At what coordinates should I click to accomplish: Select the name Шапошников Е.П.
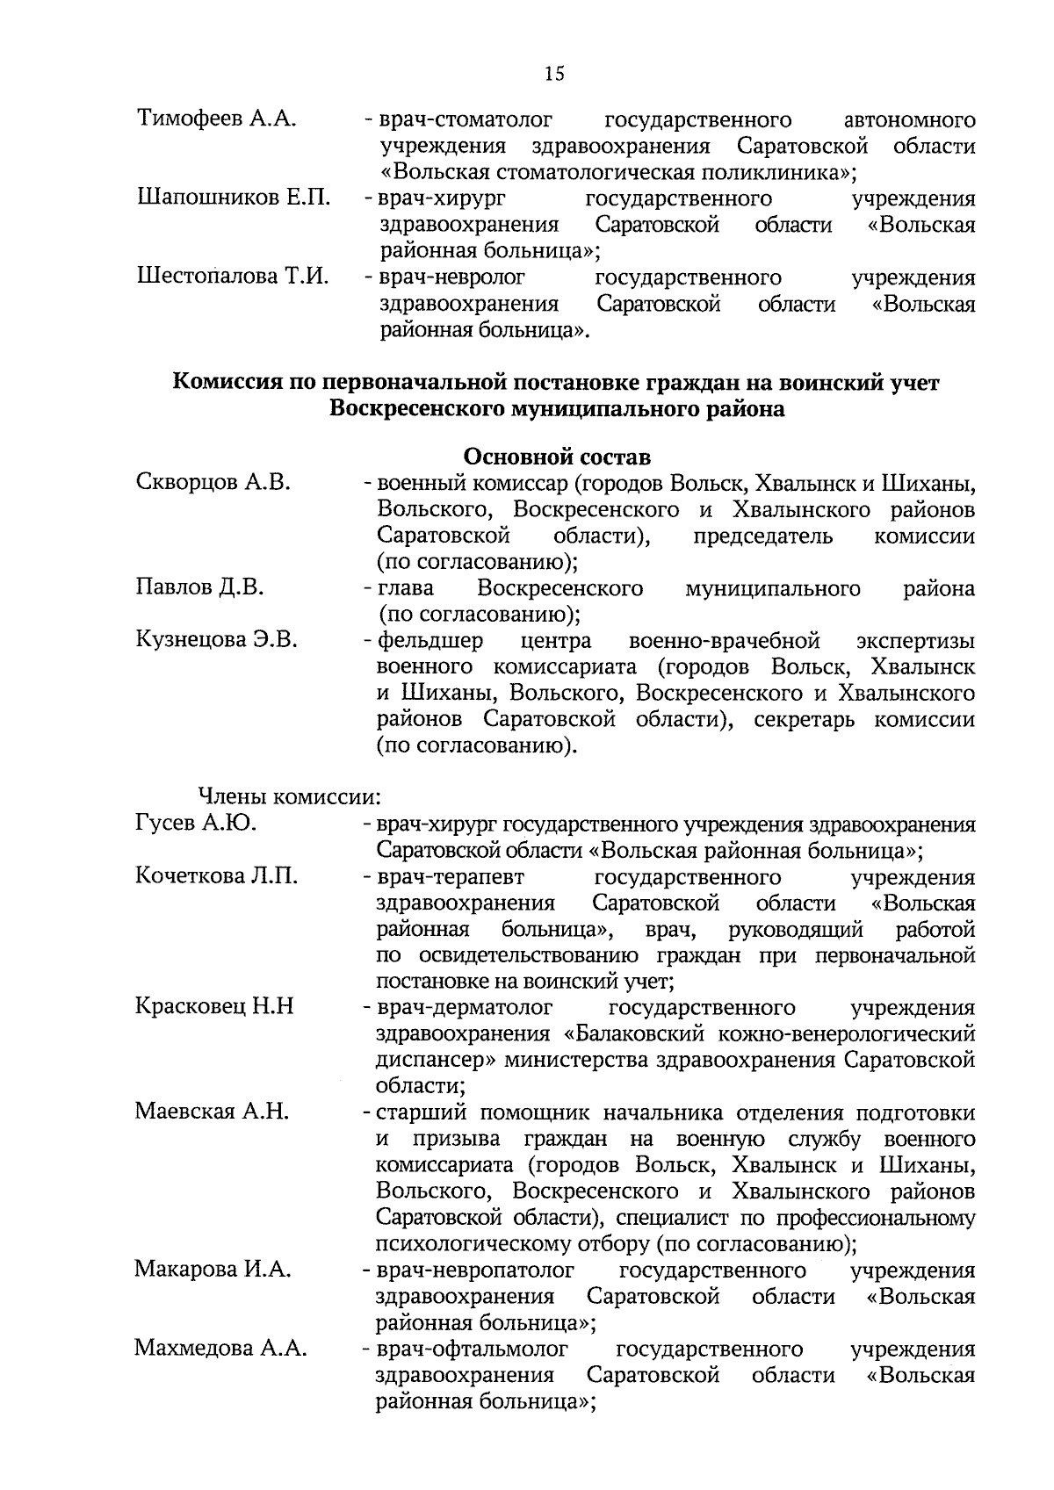pyautogui.click(x=233, y=198)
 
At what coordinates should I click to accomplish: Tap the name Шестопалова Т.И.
pyautogui.click(x=233, y=277)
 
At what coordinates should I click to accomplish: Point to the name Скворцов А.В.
pyautogui.click(x=213, y=482)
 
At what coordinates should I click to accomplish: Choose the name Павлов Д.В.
pyautogui.click(x=199, y=587)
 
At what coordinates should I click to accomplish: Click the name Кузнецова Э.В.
pyautogui.click(x=216, y=640)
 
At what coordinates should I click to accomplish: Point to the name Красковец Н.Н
pyautogui.click(x=214, y=1006)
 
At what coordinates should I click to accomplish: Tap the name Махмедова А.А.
pyautogui.click(x=220, y=1348)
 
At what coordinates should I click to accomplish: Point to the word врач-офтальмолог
pyautogui.click(x=472, y=1348)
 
